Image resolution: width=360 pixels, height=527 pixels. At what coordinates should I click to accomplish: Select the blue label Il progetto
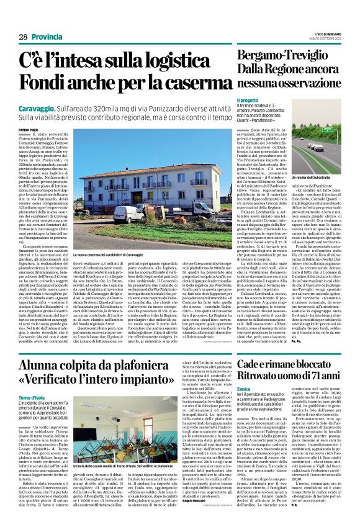pos(247,100)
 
